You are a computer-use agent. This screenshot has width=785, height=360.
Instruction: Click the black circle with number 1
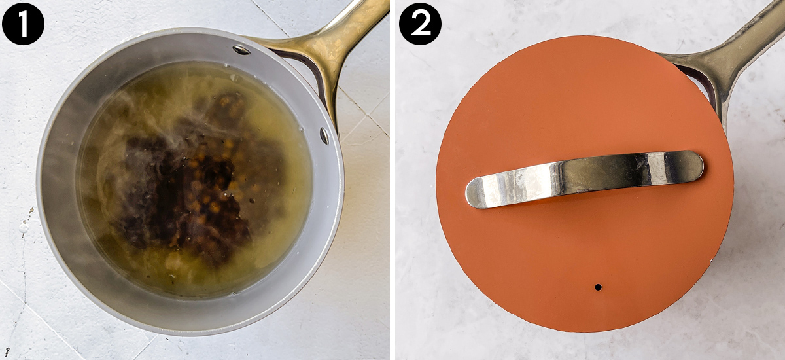click(x=23, y=24)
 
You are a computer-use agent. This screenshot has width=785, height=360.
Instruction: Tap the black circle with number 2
click(x=420, y=24)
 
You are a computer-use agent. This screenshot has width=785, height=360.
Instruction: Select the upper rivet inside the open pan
click(x=241, y=50)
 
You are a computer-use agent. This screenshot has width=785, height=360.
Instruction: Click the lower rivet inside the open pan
click(x=324, y=136)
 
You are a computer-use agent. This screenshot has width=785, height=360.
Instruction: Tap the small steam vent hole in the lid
click(x=598, y=287)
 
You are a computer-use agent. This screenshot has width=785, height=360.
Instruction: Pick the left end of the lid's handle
click(x=468, y=193)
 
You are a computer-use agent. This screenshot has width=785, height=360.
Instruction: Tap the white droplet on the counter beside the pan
click(x=24, y=228)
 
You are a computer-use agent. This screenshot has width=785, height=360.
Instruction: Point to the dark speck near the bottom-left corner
click(x=7, y=351)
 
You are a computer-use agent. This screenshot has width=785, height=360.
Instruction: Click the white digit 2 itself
click(x=420, y=24)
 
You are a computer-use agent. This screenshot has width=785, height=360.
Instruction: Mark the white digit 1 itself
click(x=23, y=24)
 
